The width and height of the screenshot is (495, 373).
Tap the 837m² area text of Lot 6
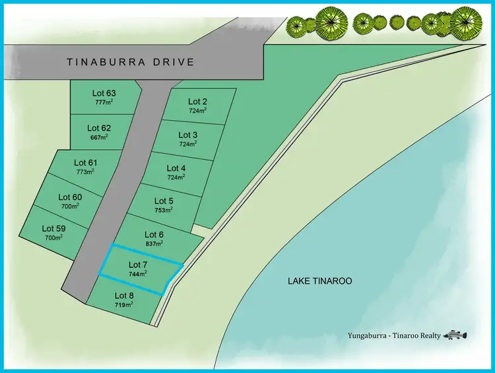point(154,244)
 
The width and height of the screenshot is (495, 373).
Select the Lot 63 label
point(104,93)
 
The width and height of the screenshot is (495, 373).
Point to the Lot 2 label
point(197,101)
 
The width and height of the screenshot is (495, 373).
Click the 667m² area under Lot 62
point(99,137)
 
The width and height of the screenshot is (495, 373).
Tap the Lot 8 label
point(124,295)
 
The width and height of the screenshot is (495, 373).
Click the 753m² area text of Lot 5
point(164,210)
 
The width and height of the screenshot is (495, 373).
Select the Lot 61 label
point(85,162)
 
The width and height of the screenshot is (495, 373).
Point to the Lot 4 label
point(176,168)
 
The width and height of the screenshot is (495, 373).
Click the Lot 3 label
point(188,135)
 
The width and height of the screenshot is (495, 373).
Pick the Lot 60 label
point(70,197)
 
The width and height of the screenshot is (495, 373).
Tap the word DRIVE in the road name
point(172,62)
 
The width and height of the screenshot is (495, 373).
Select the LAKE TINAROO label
point(320,281)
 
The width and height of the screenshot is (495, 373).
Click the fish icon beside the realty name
point(454,335)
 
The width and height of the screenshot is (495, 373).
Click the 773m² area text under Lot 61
point(85,171)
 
